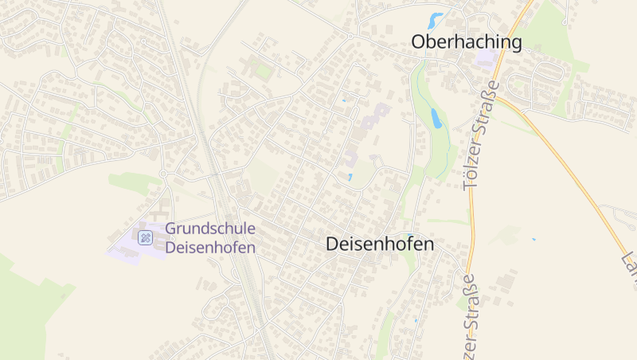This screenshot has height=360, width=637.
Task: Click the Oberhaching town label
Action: click(467, 42)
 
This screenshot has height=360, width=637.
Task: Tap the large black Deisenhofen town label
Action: click(380, 245)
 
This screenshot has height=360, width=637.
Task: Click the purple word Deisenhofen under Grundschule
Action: click(210, 247)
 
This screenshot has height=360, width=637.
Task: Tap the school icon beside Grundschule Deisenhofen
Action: click(145, 237)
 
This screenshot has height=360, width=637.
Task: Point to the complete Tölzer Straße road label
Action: click(480, 135)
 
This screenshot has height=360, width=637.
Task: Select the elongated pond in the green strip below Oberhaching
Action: click(436, 118)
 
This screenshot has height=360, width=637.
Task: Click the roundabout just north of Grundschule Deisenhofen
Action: click(162, 173)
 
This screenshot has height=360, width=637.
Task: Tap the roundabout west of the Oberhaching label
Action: click(349, 35)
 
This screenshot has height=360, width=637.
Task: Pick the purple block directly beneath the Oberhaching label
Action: click(484, 58)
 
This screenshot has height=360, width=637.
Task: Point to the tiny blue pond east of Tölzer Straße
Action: click(533, 238)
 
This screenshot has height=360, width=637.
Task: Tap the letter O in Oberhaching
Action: click(419, 42)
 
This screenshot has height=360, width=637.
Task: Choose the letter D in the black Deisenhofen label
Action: click(332, 245)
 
